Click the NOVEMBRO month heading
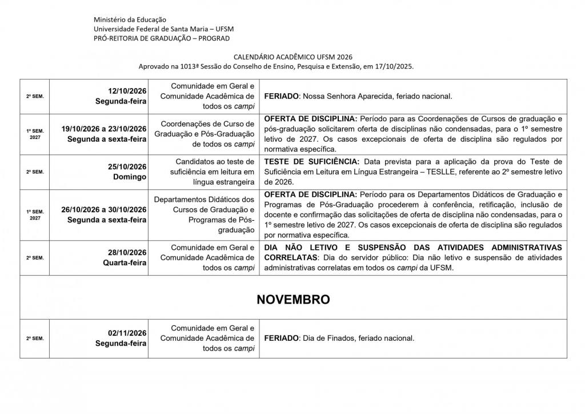point(293,300)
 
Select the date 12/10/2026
point(127,91)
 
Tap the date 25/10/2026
point(127,166)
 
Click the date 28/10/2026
point(127,253)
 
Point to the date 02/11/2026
point(127,333)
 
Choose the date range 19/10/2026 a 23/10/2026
point(104,129)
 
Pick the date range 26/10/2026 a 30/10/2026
point(104,209)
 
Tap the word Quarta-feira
point(125,263)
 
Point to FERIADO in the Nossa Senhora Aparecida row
point(281,96)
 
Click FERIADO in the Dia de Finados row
point(281,339)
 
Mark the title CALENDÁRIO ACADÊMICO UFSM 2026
point(293,57)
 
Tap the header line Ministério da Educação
point(127,20)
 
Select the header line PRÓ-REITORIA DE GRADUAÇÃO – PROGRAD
point(162,38)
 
